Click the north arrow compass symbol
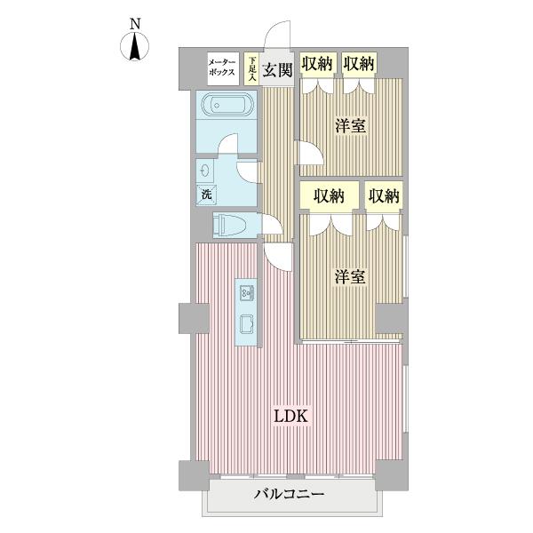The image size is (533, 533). point(135,48)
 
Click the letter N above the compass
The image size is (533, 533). point(135,24)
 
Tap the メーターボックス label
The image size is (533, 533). point(221,68)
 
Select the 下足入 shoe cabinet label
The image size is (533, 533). point(252,68)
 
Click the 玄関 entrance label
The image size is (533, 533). point(278,68)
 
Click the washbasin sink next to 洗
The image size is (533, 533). point(207,170)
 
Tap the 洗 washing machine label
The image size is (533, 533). point(205,194)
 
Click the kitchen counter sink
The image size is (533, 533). point(247,292)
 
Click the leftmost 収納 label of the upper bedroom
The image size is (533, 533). point(317,63)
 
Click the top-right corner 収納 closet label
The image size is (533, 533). point(360,63)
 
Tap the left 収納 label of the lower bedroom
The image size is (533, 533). point(329,195)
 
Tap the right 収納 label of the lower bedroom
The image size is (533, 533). point(384,195)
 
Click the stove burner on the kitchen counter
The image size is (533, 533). point(247,322)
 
